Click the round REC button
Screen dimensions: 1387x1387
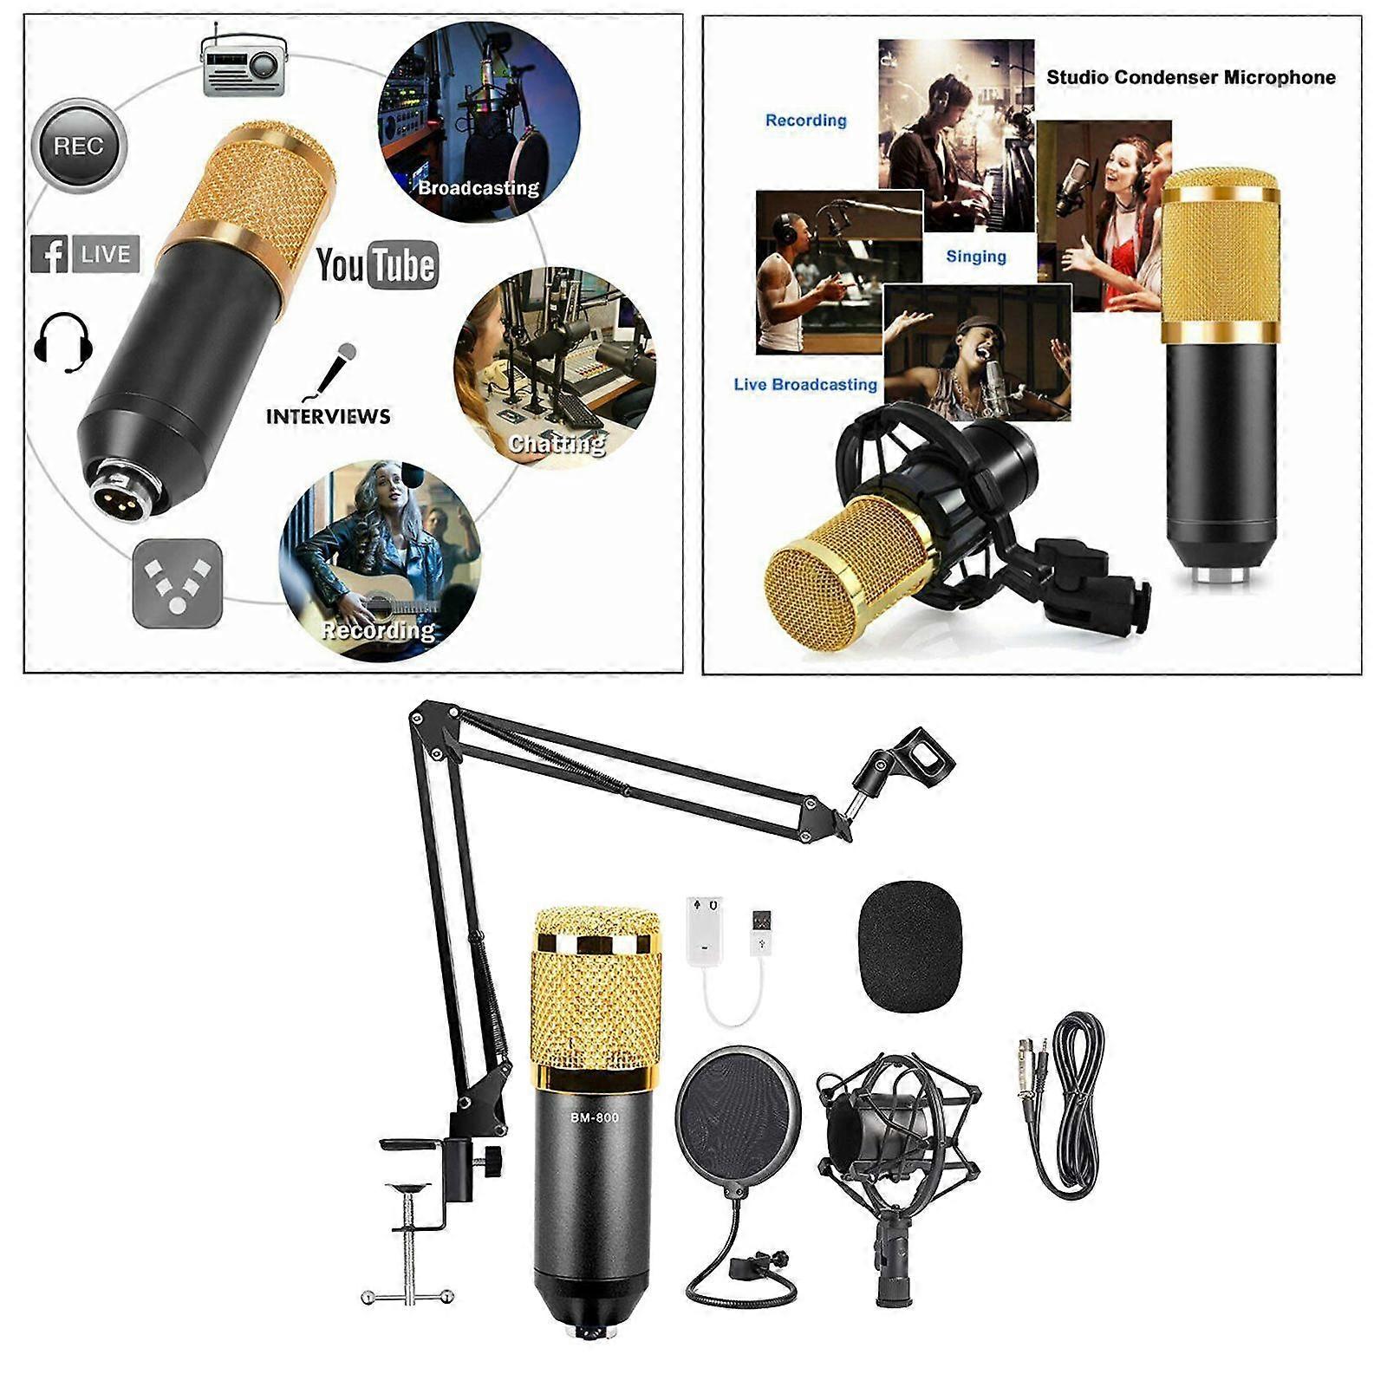tap(79, 146)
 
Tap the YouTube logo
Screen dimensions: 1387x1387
tap(376, 264)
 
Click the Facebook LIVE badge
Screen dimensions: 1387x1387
tap(85, 254)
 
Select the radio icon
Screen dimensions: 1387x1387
tap(243, 66)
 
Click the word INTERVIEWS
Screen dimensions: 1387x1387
tap(328, 416)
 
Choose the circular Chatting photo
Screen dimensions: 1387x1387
tap(555, 368)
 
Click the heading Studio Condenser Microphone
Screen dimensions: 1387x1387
tap(1190, 77)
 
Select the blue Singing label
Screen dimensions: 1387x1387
tap(976, 257)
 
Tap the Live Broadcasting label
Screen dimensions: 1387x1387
tap(805, 384)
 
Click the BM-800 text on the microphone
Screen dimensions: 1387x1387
tap(595, 1117)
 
